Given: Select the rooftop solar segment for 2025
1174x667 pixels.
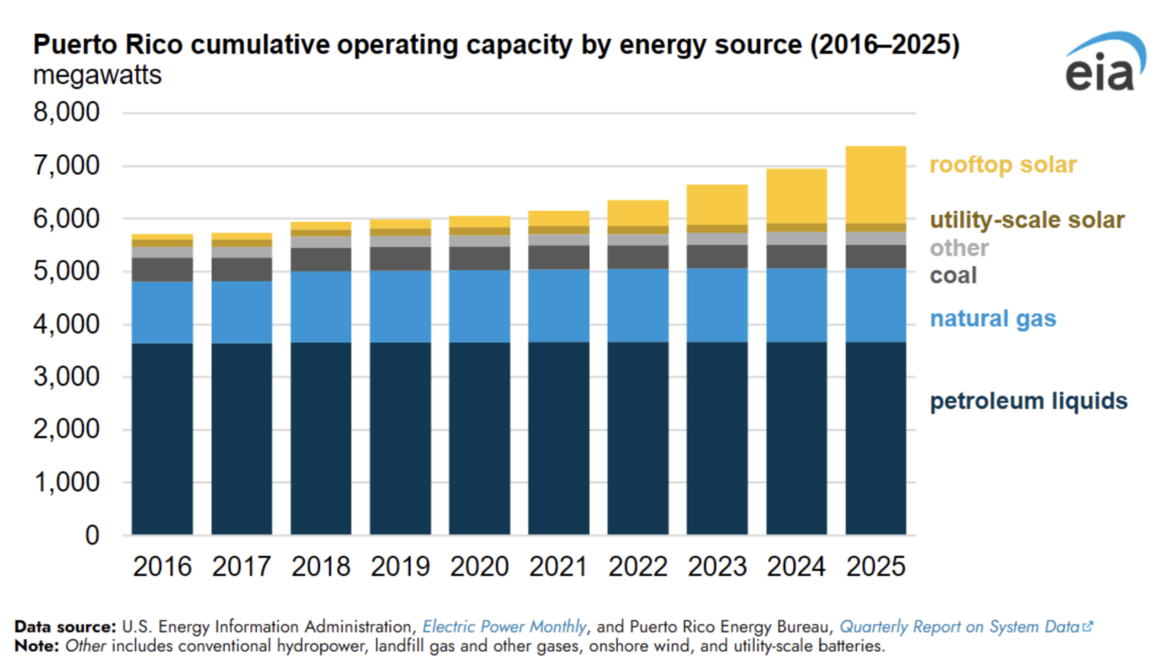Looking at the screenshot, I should (875, 184).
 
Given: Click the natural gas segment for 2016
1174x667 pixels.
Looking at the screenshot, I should (162, 312).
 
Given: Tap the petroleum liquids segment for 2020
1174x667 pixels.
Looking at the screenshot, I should (479, 438).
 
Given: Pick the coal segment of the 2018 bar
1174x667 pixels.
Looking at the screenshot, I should (321, 259).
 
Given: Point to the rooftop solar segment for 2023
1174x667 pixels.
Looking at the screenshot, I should (717, 204).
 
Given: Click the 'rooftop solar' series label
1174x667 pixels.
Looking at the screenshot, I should (1003, 164).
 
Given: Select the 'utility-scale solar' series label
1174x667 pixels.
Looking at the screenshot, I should (1026, 220).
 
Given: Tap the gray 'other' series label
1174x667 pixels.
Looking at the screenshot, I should (958, 248).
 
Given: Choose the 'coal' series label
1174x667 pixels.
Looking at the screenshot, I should (952, 275).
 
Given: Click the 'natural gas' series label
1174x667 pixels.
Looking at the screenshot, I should (992, 318).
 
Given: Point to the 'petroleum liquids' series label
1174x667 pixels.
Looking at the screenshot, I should (1028, 401).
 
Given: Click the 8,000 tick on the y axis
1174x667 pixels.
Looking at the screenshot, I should (66, 112).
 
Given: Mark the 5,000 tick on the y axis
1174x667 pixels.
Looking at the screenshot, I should (66, 271).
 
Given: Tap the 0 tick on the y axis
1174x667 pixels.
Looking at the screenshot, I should (92, 535).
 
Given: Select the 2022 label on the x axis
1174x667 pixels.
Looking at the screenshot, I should (637, 567).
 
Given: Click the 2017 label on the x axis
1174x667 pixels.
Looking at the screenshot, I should (242, 567).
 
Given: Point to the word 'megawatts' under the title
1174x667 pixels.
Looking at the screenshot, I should (97, 76).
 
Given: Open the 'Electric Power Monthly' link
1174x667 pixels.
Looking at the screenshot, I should (504, 626).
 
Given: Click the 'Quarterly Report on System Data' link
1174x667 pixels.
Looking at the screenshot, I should (959, 626).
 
